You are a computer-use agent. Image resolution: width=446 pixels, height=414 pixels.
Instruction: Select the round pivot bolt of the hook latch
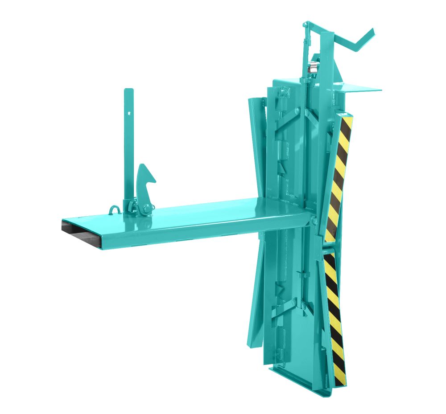point(145,208)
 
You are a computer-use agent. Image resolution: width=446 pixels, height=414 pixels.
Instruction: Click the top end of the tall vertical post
point(128,91)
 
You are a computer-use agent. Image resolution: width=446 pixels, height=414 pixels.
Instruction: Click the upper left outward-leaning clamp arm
point(256,147)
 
